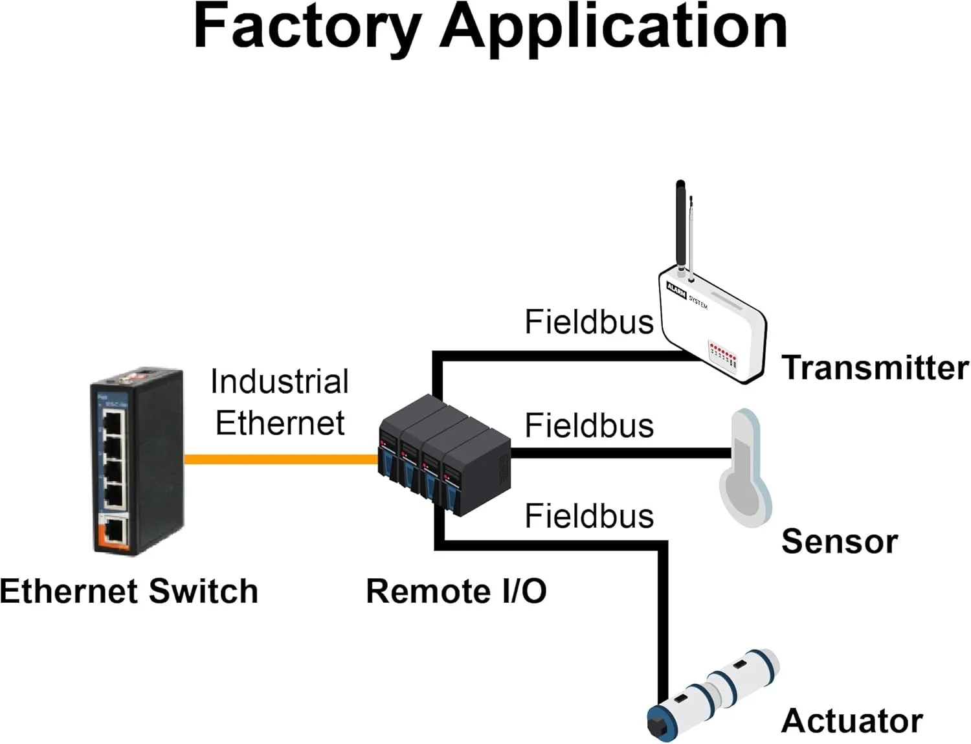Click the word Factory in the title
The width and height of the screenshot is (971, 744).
[307, 27]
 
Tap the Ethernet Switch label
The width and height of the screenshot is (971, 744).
[129, 591]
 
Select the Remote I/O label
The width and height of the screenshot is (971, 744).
[456, 591]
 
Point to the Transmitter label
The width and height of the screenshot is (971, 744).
[875, 368]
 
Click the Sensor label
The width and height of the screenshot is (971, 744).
[839, 541]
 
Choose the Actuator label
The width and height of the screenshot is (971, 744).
[852, 721]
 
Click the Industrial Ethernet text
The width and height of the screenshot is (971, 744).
[280, 402]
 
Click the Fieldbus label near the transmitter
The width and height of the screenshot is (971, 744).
[589, 322]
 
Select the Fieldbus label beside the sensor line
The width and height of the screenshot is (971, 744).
[589, 425]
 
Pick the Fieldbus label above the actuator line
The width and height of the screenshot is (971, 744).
[589, 516]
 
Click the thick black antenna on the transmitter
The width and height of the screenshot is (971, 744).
[680, 223]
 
